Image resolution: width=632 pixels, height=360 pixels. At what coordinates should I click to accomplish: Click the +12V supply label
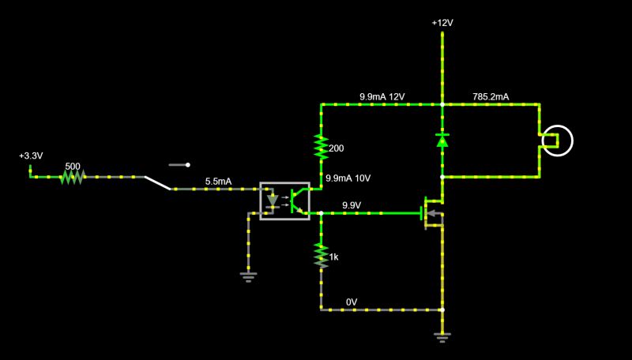coord(442,24)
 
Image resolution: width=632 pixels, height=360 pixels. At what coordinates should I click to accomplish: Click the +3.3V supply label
coord(31,156)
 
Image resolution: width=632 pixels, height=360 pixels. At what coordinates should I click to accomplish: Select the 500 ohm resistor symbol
coord(72,177)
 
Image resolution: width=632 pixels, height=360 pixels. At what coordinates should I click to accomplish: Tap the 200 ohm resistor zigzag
coord(321,147)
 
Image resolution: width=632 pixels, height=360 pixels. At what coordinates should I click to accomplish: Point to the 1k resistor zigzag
coord(321,254)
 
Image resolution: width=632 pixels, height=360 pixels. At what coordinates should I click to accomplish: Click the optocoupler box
coord(284,201)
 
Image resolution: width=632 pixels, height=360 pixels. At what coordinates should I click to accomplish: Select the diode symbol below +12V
coord(442,141)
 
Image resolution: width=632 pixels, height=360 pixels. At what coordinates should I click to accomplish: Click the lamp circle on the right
coord(557,141)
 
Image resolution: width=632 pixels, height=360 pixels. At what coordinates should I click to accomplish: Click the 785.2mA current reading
coord(491,96)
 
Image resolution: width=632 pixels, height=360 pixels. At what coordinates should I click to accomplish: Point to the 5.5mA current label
coord(219,182)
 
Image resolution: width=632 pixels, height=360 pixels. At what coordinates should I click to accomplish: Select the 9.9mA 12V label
coord(382,96)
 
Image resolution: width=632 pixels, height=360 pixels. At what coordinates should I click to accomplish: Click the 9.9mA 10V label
coord(348,178)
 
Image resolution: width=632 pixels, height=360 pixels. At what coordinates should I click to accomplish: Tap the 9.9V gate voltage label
coord(352,205)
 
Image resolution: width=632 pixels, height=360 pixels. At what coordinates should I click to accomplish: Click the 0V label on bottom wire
coord(352,302)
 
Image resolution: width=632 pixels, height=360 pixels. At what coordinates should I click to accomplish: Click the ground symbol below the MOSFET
coord(442,337)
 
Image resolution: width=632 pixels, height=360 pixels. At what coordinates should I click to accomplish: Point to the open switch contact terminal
coord(188,165)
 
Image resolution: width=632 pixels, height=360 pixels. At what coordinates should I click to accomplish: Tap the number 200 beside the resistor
coord(337,148)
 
